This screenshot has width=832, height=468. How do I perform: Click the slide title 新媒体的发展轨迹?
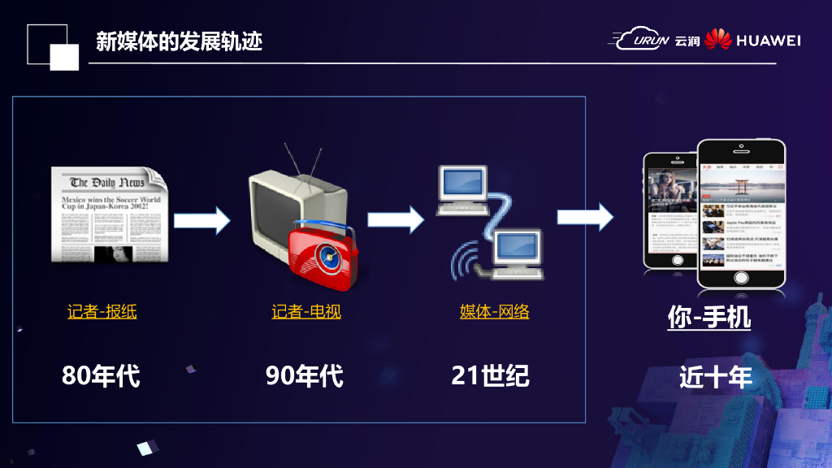pyautogui.click(x=179, y=41)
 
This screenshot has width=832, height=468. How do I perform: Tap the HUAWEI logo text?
pyautogui.click(x=768, y=40)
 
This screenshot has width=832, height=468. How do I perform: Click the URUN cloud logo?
pyautogui.click(x=642, y=39)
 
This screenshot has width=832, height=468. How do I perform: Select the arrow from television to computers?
pyautogui.click(x=396, y=218)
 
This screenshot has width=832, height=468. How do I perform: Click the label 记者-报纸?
pyautogui.click(x=102, y=311)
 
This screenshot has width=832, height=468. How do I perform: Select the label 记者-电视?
pyautogui.click(x=306, y=311)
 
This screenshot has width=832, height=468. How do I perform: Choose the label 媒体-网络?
pyautogui.click(x=494, y=310)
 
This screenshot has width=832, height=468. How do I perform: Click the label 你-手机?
pyautogui.click(x=708, y=318)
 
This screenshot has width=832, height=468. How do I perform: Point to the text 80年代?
pyautogui.click(x=101, y=375)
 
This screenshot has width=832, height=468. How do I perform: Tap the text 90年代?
pyautogui.click(x=305, y=375)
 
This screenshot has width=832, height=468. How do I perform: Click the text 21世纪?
pyautogui.click(x=490, y=375)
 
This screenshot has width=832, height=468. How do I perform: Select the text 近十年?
pyautogui.click(x=716, y=377)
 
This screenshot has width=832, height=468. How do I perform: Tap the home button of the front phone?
pyautogui.click(x=742, y=277)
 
